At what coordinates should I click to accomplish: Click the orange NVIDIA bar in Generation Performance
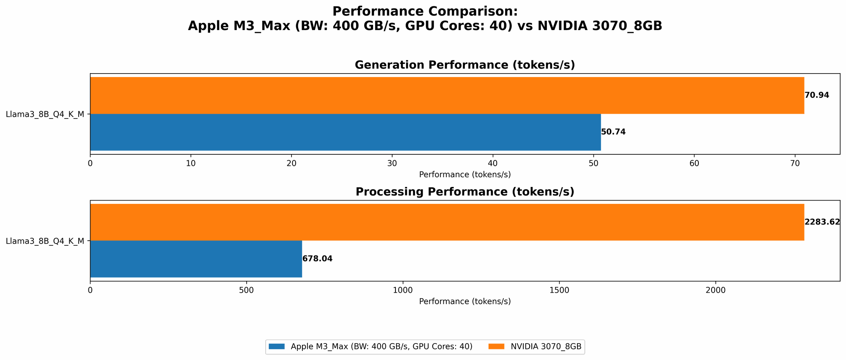[447, 95]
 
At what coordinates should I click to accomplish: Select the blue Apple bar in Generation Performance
[345, 132]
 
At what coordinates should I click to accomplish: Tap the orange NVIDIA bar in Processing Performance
[447, 222]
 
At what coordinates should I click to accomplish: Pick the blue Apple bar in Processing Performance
[196, 259]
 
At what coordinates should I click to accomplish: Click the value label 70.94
[817, 95]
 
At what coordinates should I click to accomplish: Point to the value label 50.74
[613, 132]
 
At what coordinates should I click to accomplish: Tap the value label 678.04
[317, 259]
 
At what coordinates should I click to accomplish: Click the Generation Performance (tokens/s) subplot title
[464, 65]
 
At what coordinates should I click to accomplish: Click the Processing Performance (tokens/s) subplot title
[464, 192]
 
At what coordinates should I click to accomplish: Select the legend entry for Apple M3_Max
[381, 346]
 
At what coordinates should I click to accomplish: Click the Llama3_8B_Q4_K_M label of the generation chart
[45, 114]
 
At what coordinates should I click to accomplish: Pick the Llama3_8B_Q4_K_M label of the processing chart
[45, 241]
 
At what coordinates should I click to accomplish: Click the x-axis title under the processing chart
[464, 302]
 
